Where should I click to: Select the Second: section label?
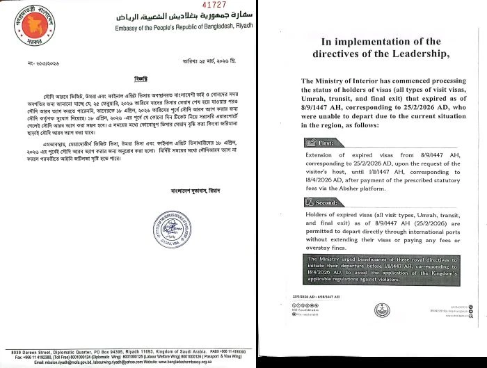pos(327,202)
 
